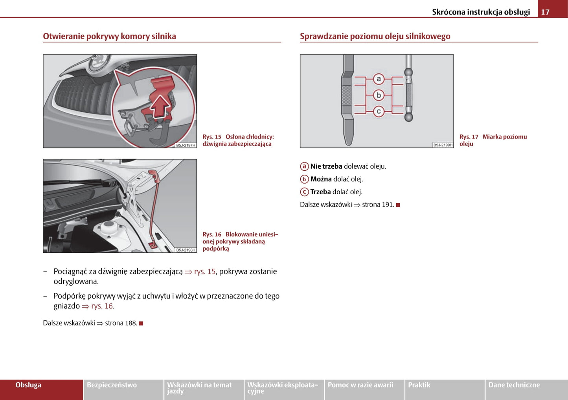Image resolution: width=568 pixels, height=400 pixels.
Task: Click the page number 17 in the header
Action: (545, 12)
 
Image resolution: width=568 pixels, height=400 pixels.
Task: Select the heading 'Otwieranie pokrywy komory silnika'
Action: (109, 36)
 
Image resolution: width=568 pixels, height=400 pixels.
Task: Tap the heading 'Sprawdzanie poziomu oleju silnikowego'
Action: (375, 36)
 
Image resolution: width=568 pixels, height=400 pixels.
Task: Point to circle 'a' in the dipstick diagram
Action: (379, 79)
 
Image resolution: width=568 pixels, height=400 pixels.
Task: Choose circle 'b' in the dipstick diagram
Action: (379, 95)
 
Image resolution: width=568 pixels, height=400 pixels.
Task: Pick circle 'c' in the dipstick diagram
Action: (379, 111)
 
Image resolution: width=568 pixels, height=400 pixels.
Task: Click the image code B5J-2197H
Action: (186, 145)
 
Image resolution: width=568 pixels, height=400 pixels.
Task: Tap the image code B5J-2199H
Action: (443, 145)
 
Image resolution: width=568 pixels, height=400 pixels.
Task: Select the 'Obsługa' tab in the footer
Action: (28, 385)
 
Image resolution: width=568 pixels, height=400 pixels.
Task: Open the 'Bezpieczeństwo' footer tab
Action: (112, 385)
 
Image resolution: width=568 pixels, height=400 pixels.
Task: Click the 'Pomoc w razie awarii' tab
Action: (360, 385)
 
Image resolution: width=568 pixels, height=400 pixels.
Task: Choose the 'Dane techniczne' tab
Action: (514, 385)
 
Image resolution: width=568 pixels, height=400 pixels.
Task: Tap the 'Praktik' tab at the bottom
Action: (419, 385)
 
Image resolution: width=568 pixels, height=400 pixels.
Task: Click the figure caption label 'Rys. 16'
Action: (212, 234)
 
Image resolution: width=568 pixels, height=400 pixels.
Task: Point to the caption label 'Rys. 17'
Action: (469, 137)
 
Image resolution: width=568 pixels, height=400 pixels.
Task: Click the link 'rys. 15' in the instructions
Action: (204, 271)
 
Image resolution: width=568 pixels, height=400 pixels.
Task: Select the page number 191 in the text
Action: (388, 205)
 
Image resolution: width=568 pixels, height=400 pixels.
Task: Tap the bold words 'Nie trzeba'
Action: (326, 166)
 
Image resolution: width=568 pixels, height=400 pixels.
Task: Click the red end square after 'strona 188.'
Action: (141, 323)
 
